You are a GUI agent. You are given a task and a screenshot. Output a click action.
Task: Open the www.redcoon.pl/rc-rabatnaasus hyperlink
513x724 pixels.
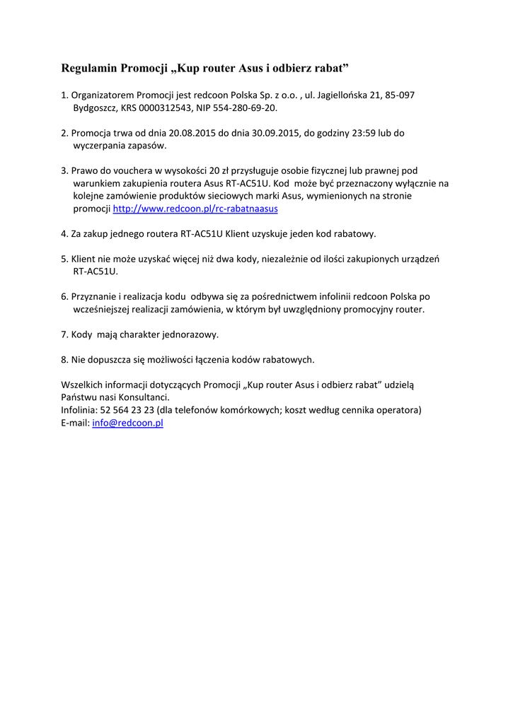pyautogui.click(x=195, y=209)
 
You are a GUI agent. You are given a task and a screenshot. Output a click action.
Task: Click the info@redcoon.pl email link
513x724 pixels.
pyautogui.click(x=127, y=423)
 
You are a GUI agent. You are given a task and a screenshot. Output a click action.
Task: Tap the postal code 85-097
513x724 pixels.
pyautogui.click(x=400, y=95)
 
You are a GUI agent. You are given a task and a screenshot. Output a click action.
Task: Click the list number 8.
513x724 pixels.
pyautogui.click(x=64, y=359)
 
